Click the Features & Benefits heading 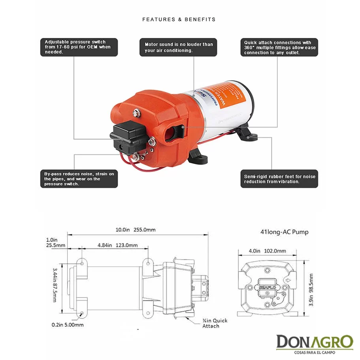[x=179, y=19]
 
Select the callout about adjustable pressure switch [x=79, y=47]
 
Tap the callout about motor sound [x=179, y=47]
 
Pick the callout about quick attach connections [x=279, y=47]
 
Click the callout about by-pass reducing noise [x=79, y=179]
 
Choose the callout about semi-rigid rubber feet [x=279, y=179]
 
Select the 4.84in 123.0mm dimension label [x=117, y=245]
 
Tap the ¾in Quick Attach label [x=215, y=323]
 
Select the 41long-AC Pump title [x=285, y=232]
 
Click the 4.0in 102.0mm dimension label [x=273, y=251]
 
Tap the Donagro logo [x=314, y=343]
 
